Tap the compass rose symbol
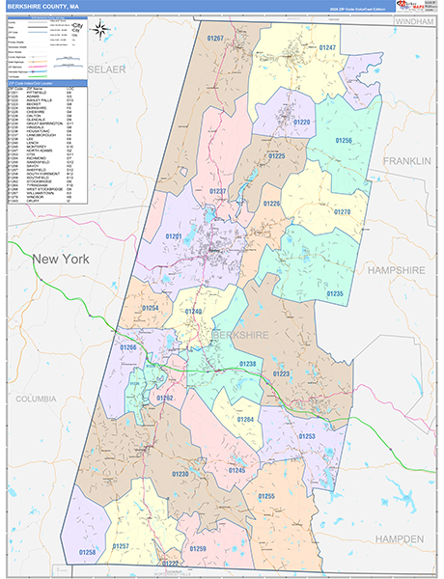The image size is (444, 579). click(100, 29)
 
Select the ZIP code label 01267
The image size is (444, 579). click(214, 39)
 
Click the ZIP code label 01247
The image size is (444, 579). click(328, 47)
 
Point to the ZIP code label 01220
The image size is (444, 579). click(302, 123)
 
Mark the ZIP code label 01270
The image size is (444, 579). click(342, 211)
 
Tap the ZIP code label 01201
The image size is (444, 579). click(174, 235)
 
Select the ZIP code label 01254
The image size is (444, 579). click(151, 308)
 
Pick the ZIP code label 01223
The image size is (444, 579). click(282, 373)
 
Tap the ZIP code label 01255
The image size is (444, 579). click(266, 496)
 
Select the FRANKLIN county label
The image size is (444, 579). click(407, 160)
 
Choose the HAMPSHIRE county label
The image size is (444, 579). click(403, 270)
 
